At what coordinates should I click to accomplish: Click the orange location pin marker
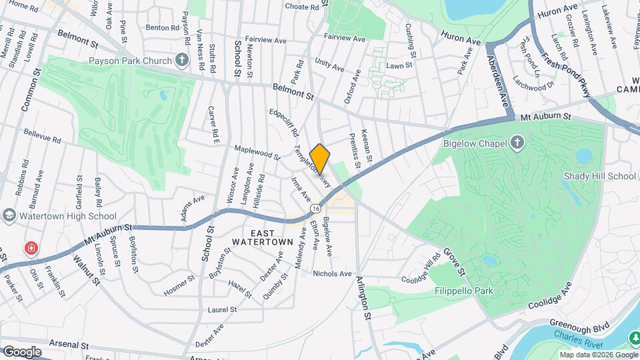coord(320,159)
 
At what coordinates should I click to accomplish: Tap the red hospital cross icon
coord(31,249)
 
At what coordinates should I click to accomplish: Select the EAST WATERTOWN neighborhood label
coord(263,237)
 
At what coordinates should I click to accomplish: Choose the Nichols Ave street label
coord(332,273)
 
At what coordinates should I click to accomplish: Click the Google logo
coord(22,351)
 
